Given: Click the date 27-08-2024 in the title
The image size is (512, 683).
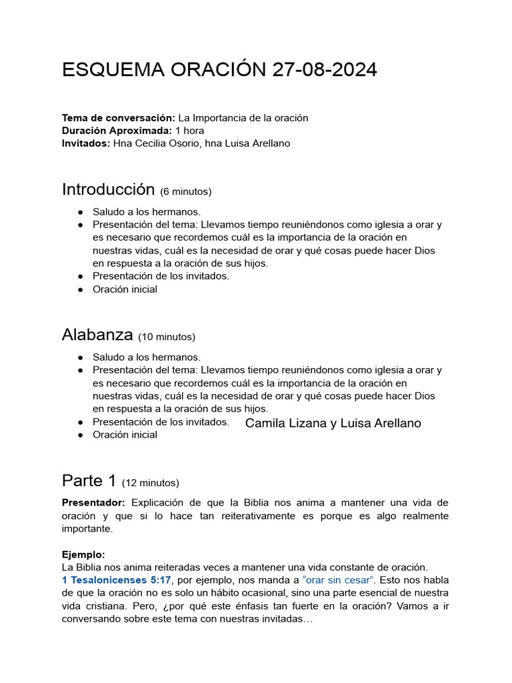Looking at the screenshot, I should (x=325, y=70).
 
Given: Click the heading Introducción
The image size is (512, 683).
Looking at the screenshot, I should (x=108, y=189).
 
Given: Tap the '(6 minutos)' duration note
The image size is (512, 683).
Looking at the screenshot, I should (x=186, y=192).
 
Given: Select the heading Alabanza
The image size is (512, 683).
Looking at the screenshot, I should (x=97, y=335).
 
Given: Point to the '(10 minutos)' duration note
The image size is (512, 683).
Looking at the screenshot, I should (x=167, y=337).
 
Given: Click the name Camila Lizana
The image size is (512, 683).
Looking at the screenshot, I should (x=286, y=424).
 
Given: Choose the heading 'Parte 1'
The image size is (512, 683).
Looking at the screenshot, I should (x=89, y=480).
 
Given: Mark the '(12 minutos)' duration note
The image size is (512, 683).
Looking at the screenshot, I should (x=151, y=483).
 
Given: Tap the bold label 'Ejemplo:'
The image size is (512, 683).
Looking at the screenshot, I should (x=83, y=555).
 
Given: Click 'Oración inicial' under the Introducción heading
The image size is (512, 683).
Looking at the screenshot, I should (x=125, y=289).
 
